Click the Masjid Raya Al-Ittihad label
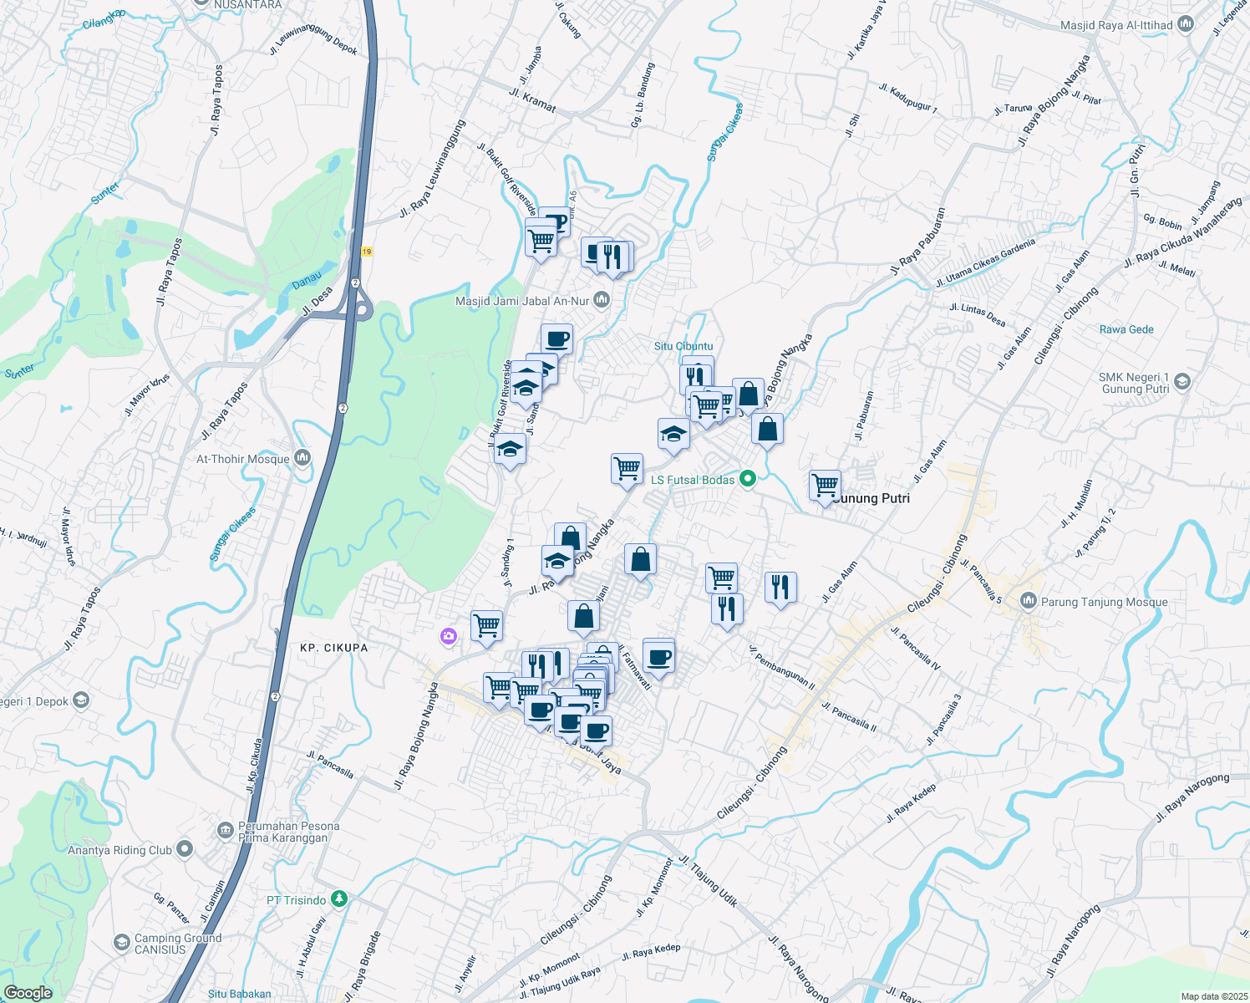(1116, 26)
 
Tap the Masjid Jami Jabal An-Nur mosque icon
(602, 301)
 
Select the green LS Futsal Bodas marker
(748, 479)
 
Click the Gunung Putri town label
(871, 498)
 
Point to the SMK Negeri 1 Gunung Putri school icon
(1181, 383)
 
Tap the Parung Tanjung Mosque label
(1105, 602)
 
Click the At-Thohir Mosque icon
(302, 458)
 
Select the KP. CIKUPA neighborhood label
(333, 648)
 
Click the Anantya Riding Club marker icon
(185, 850)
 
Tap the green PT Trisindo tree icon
(338, 899)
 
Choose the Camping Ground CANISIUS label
(178, 944)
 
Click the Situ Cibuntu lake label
(683, 346)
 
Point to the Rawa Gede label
(1126, 329)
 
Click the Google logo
(28, 993)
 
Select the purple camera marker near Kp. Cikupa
(449, 638)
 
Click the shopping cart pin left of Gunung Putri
(825, 485)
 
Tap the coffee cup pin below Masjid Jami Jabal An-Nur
(556, 339)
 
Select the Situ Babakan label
(239, 994)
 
